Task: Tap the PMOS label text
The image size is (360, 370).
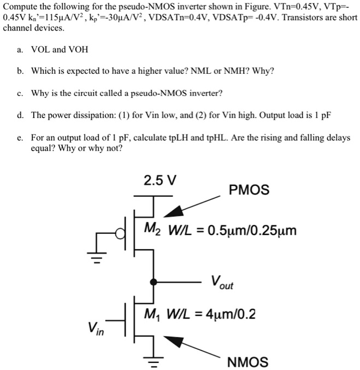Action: pyautogui.click(x=249, y=190)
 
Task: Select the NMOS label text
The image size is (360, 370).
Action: pyautogui.click(x=247, y=362)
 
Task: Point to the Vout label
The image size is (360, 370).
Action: pyautogui.click(x=222, y=283)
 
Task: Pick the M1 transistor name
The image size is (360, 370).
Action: pyautogui.click(x=151, y=315)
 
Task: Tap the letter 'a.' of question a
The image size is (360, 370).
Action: pyautogui.click(x=20, y=50)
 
